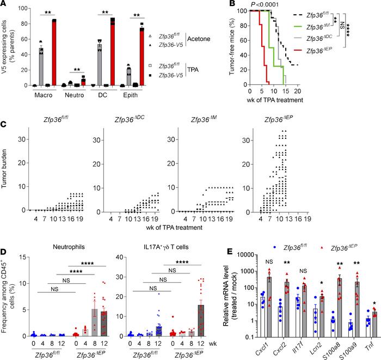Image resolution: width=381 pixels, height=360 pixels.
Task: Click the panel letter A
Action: point(5,5)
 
